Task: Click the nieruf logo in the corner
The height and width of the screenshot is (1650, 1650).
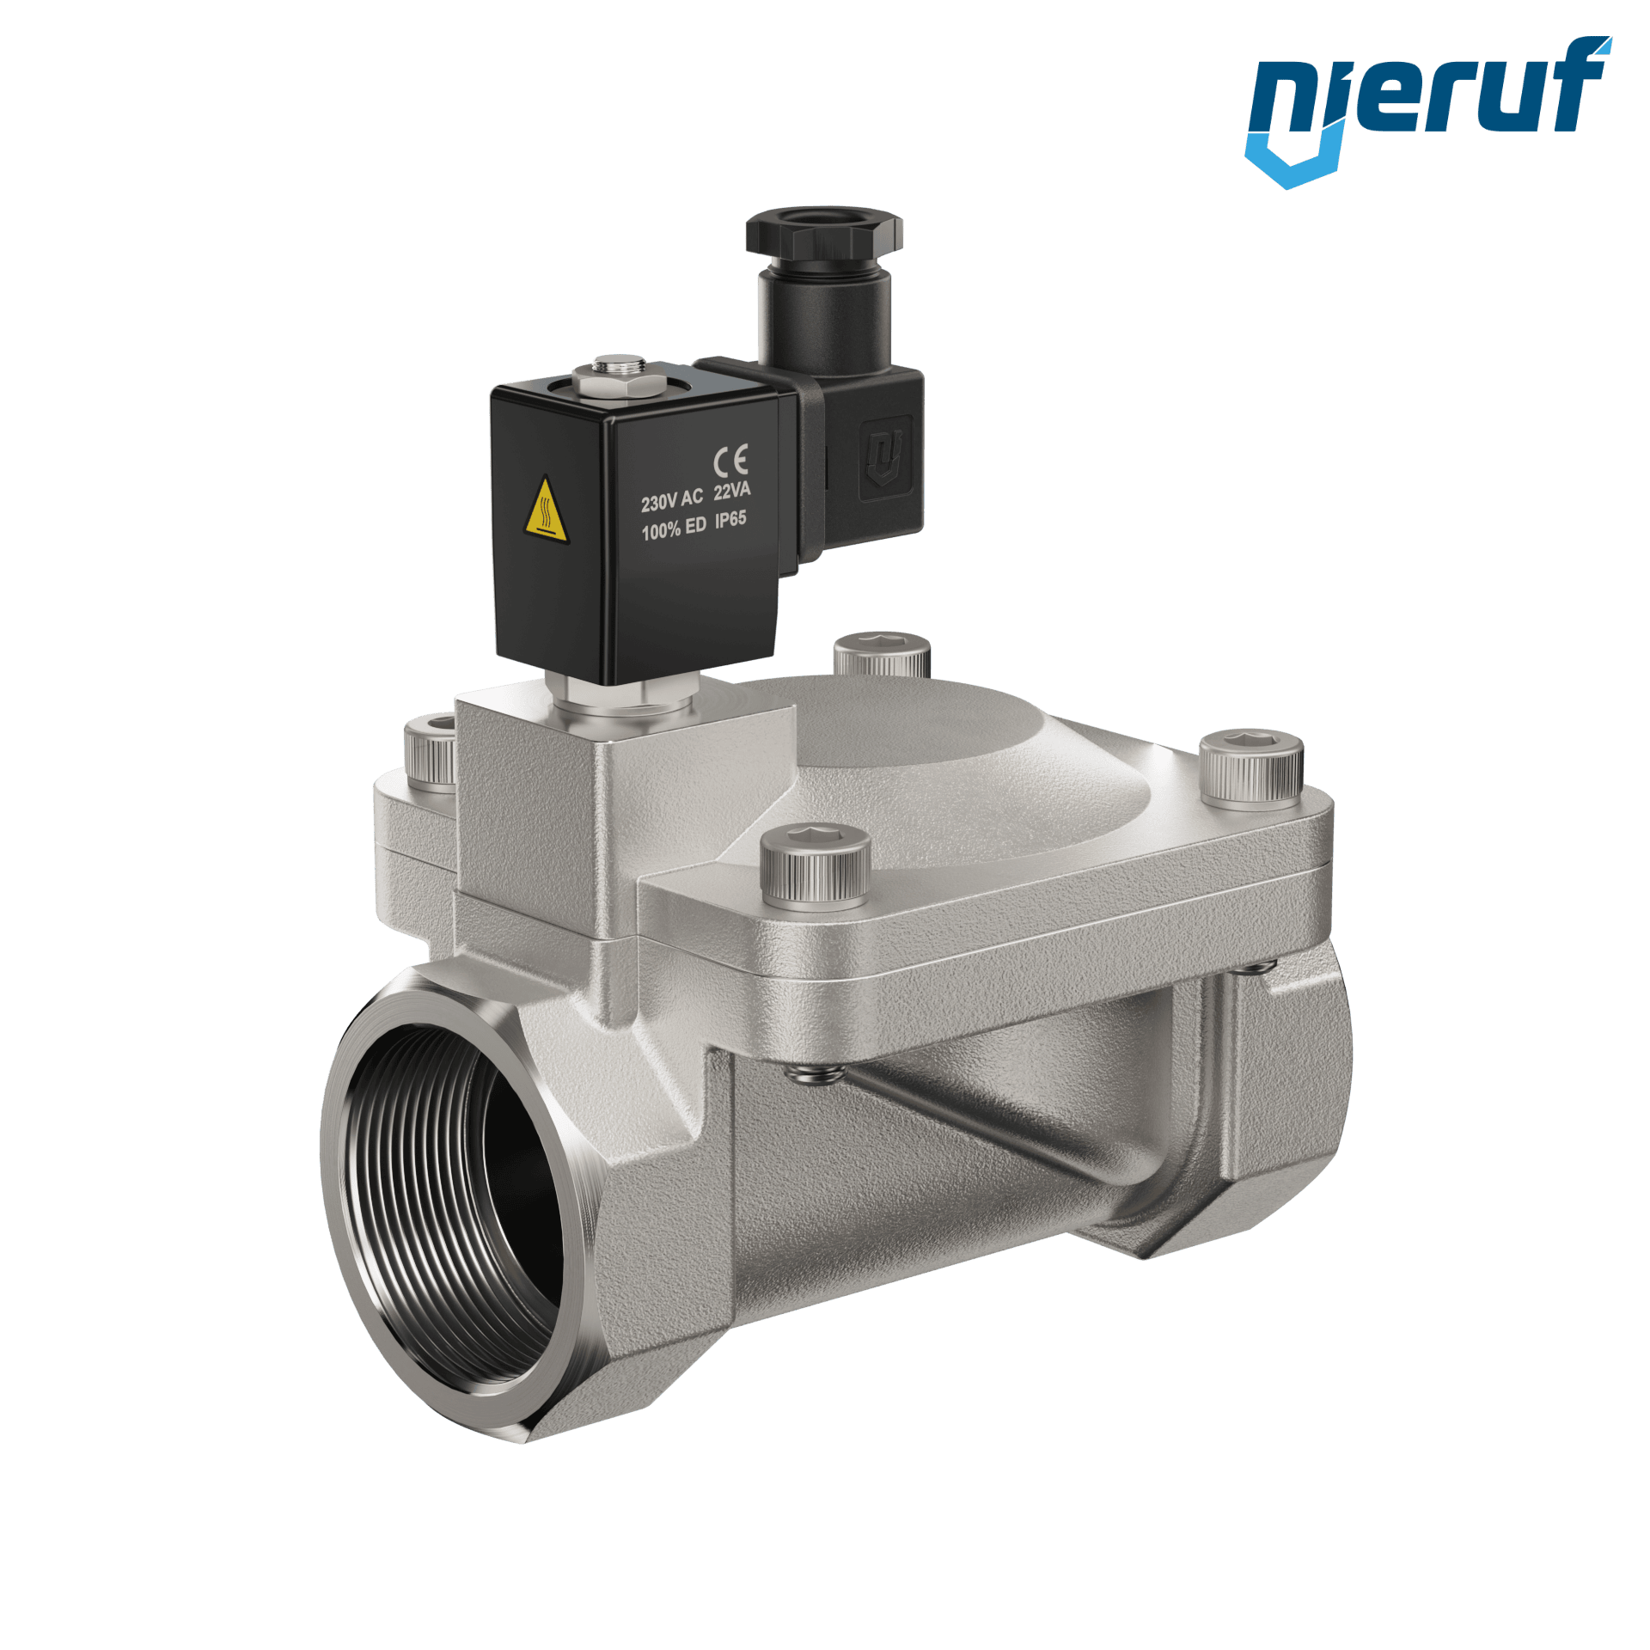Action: [x=1427, y=111]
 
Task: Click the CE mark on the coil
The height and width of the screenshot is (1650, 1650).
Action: [x=730, y=461]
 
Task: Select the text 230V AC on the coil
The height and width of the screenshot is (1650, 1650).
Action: [x=671, y=500]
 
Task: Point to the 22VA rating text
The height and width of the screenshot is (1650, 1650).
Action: [x=731, y=491]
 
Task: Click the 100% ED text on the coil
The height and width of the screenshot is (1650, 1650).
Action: [x=674, y=529]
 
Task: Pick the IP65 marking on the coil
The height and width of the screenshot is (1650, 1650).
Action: [x=730, y=519]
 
